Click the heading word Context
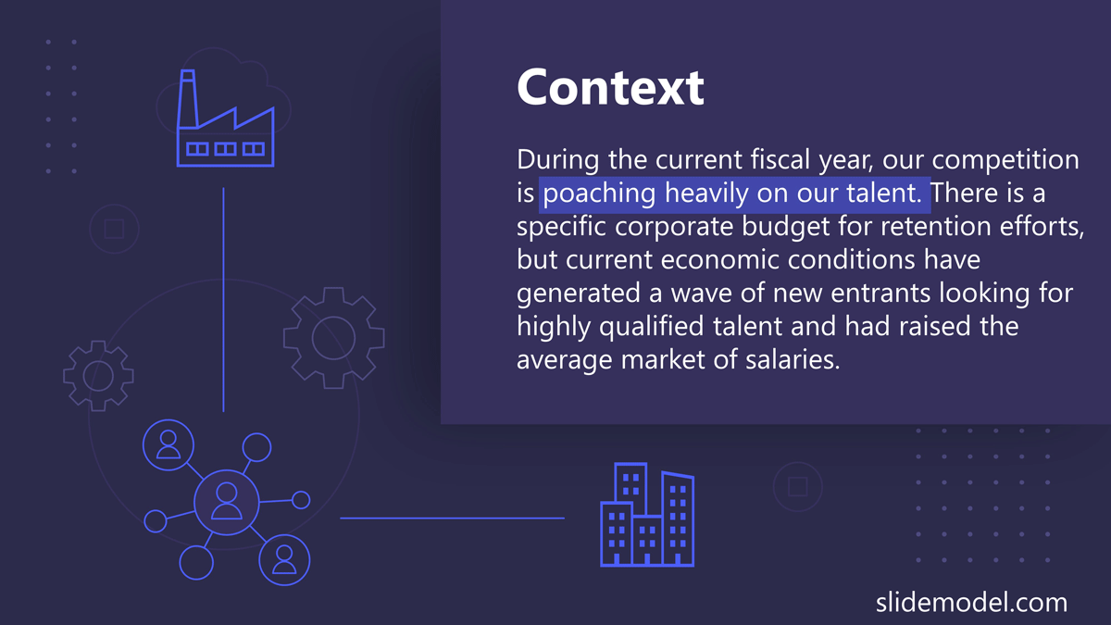coord(610,87)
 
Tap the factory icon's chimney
coord(188,99)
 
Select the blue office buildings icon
coord(647,515)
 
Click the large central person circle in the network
coord(227,502)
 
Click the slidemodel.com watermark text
coord(971,603)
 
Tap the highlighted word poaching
coord(599,193)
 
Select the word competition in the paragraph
coord(1005,159)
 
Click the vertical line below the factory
coord(223,300)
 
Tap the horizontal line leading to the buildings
coord(452,518)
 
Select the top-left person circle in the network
coord(169,445)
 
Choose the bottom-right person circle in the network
coord(284,560)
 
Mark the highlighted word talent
coord(884,193)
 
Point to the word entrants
coord(880,293)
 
